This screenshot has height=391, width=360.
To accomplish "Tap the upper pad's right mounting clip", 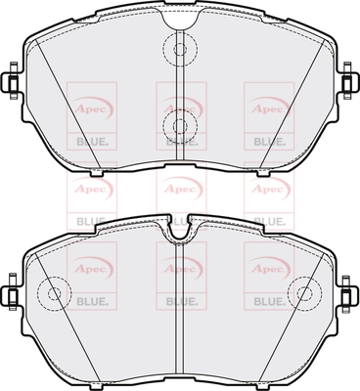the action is tap(348, 80).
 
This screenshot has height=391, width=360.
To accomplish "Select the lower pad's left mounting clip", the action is tap(12, 292).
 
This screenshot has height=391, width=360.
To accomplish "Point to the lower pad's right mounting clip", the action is tap(348, 292).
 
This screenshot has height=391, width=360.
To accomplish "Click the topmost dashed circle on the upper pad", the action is tap(180, 49).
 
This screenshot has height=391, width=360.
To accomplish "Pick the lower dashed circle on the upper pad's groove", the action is tap(180, 125).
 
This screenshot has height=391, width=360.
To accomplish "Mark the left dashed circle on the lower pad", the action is tap(54, 293).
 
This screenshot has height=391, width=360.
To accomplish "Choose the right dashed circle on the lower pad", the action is tap(305, 292).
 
